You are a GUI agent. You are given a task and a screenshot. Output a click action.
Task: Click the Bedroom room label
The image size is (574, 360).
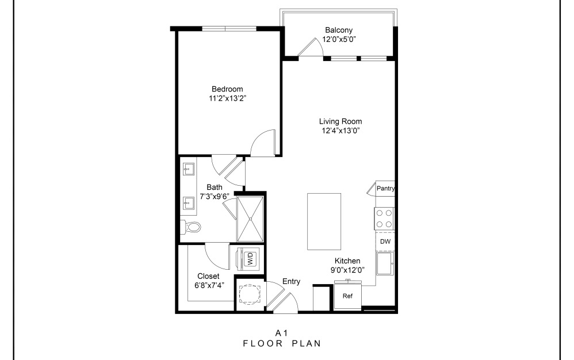coord(227,89)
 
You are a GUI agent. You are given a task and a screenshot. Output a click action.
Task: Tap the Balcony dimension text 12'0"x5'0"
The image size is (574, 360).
coord(339,40)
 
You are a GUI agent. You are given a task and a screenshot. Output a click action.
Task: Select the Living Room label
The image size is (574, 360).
coord(340,121)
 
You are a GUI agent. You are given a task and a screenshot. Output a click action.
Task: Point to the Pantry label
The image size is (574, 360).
coord(385,189)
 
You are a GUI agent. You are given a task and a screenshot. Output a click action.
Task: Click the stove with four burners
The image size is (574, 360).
coord(384,219)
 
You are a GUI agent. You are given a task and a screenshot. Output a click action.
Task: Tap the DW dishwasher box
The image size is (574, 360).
coord(385,242)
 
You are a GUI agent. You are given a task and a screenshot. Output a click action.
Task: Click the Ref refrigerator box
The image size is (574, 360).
coord(347,297)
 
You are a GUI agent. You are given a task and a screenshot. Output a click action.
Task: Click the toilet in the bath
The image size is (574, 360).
coord(192,227)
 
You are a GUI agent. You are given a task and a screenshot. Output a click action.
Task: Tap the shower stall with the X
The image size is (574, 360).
coord(250,219)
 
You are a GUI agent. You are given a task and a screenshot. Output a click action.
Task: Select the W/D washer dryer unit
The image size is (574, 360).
coord(250,258)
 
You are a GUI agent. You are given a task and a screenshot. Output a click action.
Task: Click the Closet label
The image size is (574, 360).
coord(208,276)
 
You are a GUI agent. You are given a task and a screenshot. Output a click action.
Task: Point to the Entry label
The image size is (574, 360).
coord(291,281)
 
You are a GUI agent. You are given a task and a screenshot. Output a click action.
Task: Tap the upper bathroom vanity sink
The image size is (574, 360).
coord(187,169)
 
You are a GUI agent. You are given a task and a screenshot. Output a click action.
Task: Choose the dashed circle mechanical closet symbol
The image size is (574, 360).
coord(250,295)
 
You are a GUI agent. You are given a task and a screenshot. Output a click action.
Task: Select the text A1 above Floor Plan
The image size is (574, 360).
coord(281,332)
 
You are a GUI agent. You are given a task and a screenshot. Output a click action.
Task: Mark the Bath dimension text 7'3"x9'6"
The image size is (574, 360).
coord(215,196)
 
